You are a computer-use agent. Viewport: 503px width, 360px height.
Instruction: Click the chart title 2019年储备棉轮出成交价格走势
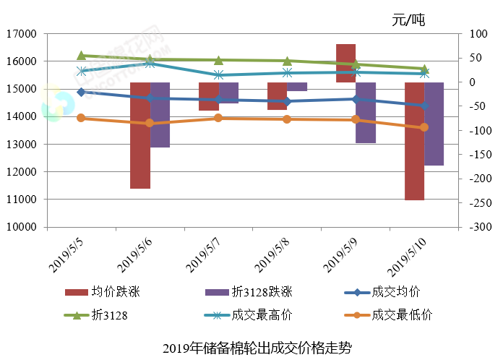(x=252, y=348)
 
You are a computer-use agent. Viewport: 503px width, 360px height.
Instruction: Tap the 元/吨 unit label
(x=408, y=20)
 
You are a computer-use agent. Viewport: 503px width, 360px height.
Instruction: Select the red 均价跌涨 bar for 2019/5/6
(x=140, y=135)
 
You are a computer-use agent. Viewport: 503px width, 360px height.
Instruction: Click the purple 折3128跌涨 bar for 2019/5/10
(x=434, y=124)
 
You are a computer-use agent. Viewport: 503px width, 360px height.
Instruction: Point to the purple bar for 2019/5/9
(x=366, y=113)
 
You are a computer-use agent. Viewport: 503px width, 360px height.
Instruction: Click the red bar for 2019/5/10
(x=414, y=141)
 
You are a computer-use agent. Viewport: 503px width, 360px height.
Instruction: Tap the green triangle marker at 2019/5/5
(x=81, y=55)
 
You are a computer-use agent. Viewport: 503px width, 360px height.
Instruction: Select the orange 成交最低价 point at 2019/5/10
(x=424, y=127)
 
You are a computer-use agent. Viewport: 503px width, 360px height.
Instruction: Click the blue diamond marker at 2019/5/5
(x=81, y=92)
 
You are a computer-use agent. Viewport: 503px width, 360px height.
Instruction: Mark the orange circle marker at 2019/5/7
(x=218, y=118)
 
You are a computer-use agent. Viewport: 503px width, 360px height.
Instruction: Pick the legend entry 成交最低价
(x=402, y=315)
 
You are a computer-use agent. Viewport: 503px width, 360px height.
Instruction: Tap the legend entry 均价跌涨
(x=116, y=292)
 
